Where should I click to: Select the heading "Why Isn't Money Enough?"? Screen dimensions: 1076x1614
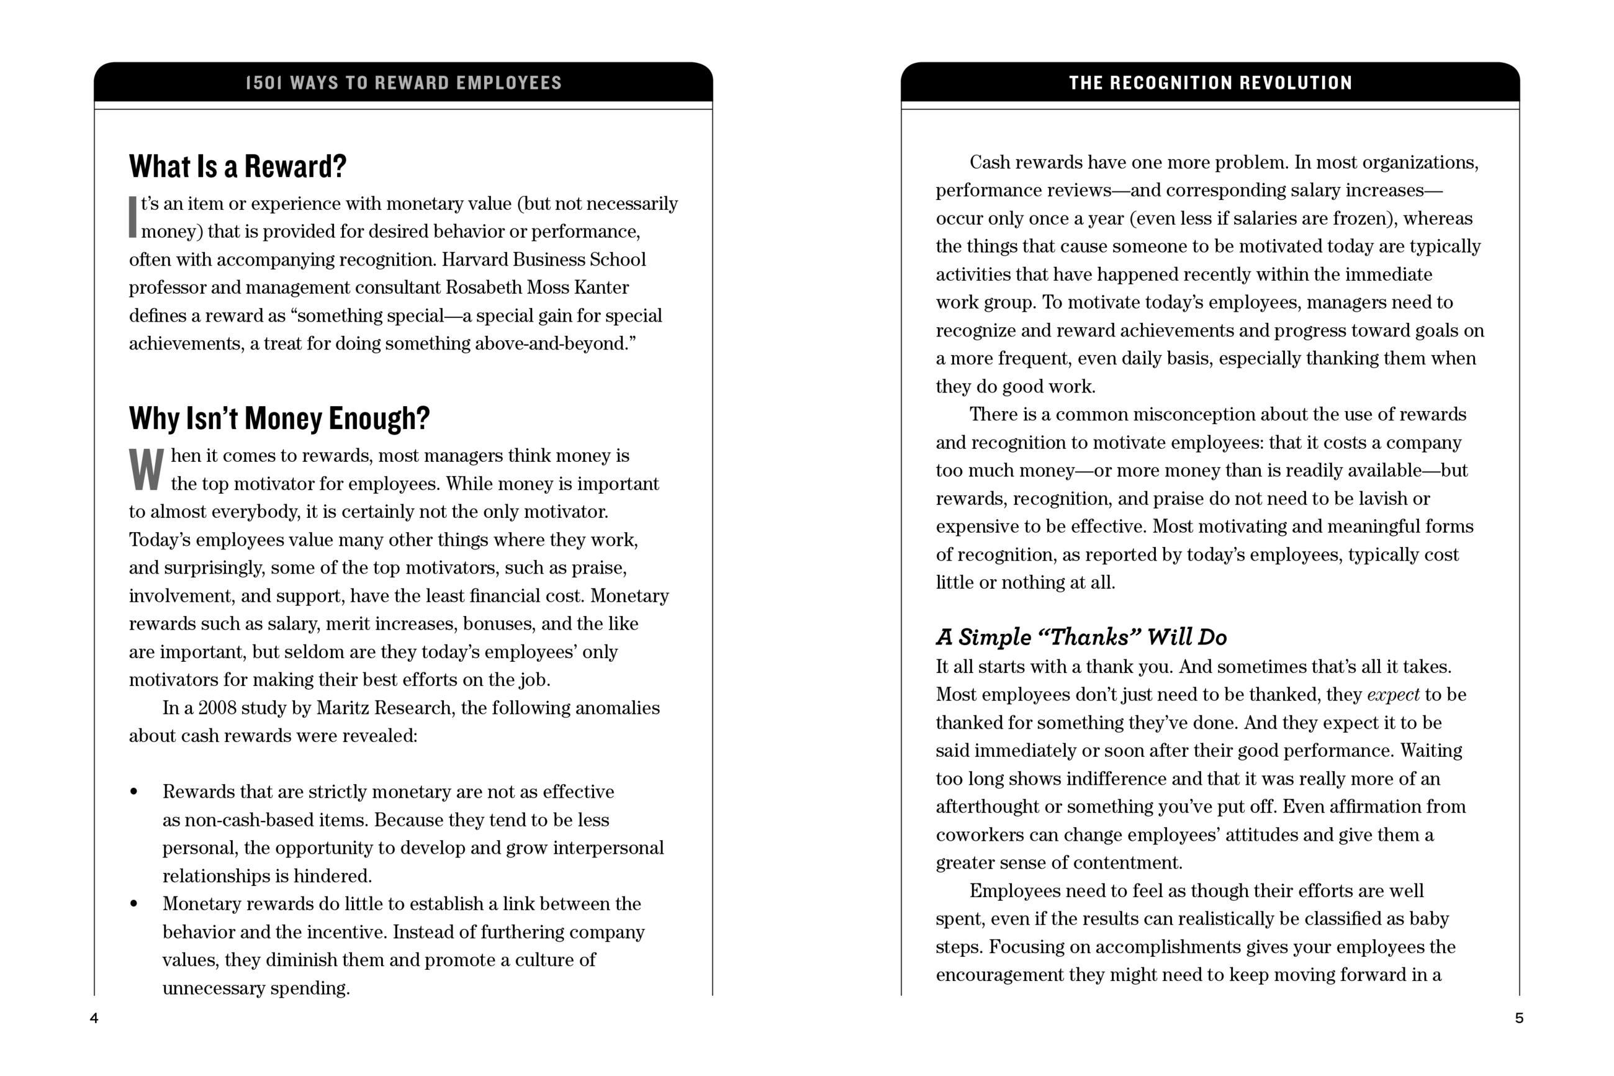279,418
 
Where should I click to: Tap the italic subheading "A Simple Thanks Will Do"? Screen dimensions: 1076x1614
1081,637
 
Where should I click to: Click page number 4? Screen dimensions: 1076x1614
94,1018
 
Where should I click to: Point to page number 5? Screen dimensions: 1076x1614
1518,1018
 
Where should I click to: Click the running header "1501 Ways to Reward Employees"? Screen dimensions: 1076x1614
403,83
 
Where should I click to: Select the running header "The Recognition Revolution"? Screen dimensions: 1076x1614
1210,83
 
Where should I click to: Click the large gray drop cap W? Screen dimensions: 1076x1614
146,469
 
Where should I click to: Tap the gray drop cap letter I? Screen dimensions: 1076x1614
133,217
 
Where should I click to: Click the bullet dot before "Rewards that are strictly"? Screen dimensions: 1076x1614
133,792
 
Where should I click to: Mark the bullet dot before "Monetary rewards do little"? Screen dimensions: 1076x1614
133,904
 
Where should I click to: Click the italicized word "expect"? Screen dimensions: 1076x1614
1392,694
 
